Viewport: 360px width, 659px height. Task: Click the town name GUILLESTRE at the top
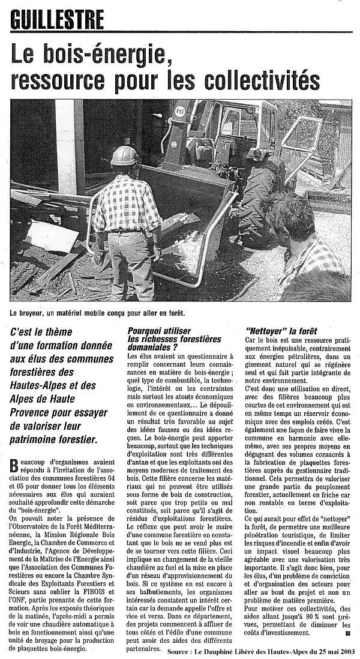coord(57,20)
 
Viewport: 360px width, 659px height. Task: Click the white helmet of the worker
coord(124,156)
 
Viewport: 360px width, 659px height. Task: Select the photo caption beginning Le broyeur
coord(97,312)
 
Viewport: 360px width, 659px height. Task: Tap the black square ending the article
coord(347,632)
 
